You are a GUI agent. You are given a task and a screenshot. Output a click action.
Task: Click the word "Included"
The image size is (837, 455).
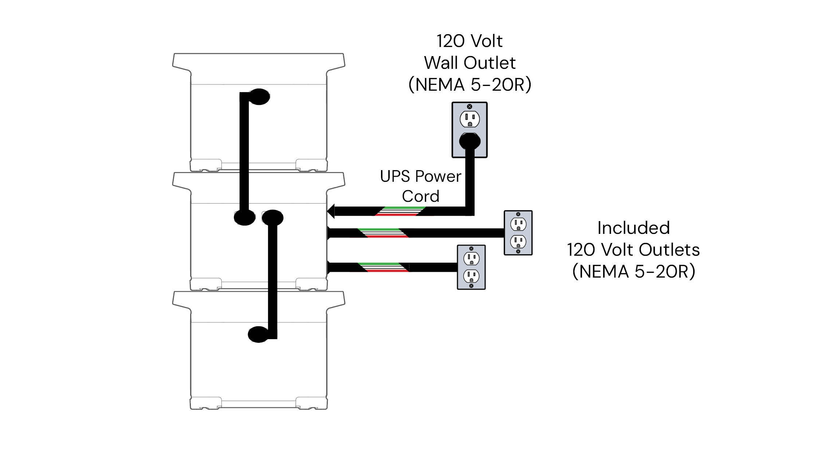pos(633,228)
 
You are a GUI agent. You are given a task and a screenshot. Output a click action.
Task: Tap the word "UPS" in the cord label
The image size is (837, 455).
pos(395,177)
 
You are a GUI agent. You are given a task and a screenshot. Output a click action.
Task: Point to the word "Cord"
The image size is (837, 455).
pos(420,196)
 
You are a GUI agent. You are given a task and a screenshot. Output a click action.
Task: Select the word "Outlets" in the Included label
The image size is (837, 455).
pos(669,250)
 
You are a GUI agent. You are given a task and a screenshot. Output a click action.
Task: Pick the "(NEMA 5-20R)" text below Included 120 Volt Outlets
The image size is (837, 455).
pos(633,272)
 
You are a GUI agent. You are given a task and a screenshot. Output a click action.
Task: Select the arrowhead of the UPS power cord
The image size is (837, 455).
pos(331,211)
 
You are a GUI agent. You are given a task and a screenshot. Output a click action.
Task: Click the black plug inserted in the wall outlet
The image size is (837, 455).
pos(469,141)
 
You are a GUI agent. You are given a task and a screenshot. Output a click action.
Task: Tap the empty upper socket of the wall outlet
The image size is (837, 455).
pos(469,119)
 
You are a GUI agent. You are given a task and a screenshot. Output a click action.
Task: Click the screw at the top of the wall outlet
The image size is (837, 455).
pos(469,106)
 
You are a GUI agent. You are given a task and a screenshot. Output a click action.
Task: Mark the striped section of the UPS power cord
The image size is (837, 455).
pos(400,211)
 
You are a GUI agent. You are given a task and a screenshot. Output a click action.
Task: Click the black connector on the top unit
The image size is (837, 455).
pos(259,97)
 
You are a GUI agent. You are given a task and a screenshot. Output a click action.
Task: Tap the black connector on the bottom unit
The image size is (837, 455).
pos(258,334)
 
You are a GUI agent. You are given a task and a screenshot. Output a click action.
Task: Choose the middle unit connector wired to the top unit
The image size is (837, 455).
pos(244,218)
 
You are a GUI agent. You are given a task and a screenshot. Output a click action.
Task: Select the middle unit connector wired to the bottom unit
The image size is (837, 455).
pos(272,217)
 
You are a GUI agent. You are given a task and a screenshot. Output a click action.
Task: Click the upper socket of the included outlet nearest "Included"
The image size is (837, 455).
pos(518,224)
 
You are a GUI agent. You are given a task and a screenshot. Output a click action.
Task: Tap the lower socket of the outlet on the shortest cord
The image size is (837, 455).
pos(471,276)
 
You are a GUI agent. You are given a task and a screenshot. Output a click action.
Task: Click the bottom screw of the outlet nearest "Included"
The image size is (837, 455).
pos(518,251)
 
